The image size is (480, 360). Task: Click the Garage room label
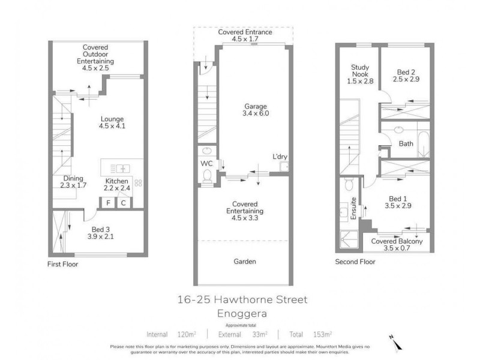256,107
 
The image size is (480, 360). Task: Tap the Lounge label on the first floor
112,119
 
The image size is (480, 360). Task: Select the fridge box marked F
108,203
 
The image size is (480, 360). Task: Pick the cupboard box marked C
124,203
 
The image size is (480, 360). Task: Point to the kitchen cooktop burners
138,183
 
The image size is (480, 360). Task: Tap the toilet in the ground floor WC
207,176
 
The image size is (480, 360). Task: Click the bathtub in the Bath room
424,145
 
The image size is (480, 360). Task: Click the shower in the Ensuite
349,239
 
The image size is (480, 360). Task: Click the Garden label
245,262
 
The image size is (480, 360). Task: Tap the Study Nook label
360,71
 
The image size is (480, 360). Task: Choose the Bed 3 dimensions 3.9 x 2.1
100,236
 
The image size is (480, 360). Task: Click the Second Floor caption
355,262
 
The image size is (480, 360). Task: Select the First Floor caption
63,264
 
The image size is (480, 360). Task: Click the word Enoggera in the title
242,313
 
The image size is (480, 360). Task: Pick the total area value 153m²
323,335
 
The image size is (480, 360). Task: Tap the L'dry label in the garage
280,157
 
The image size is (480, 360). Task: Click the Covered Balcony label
397,241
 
